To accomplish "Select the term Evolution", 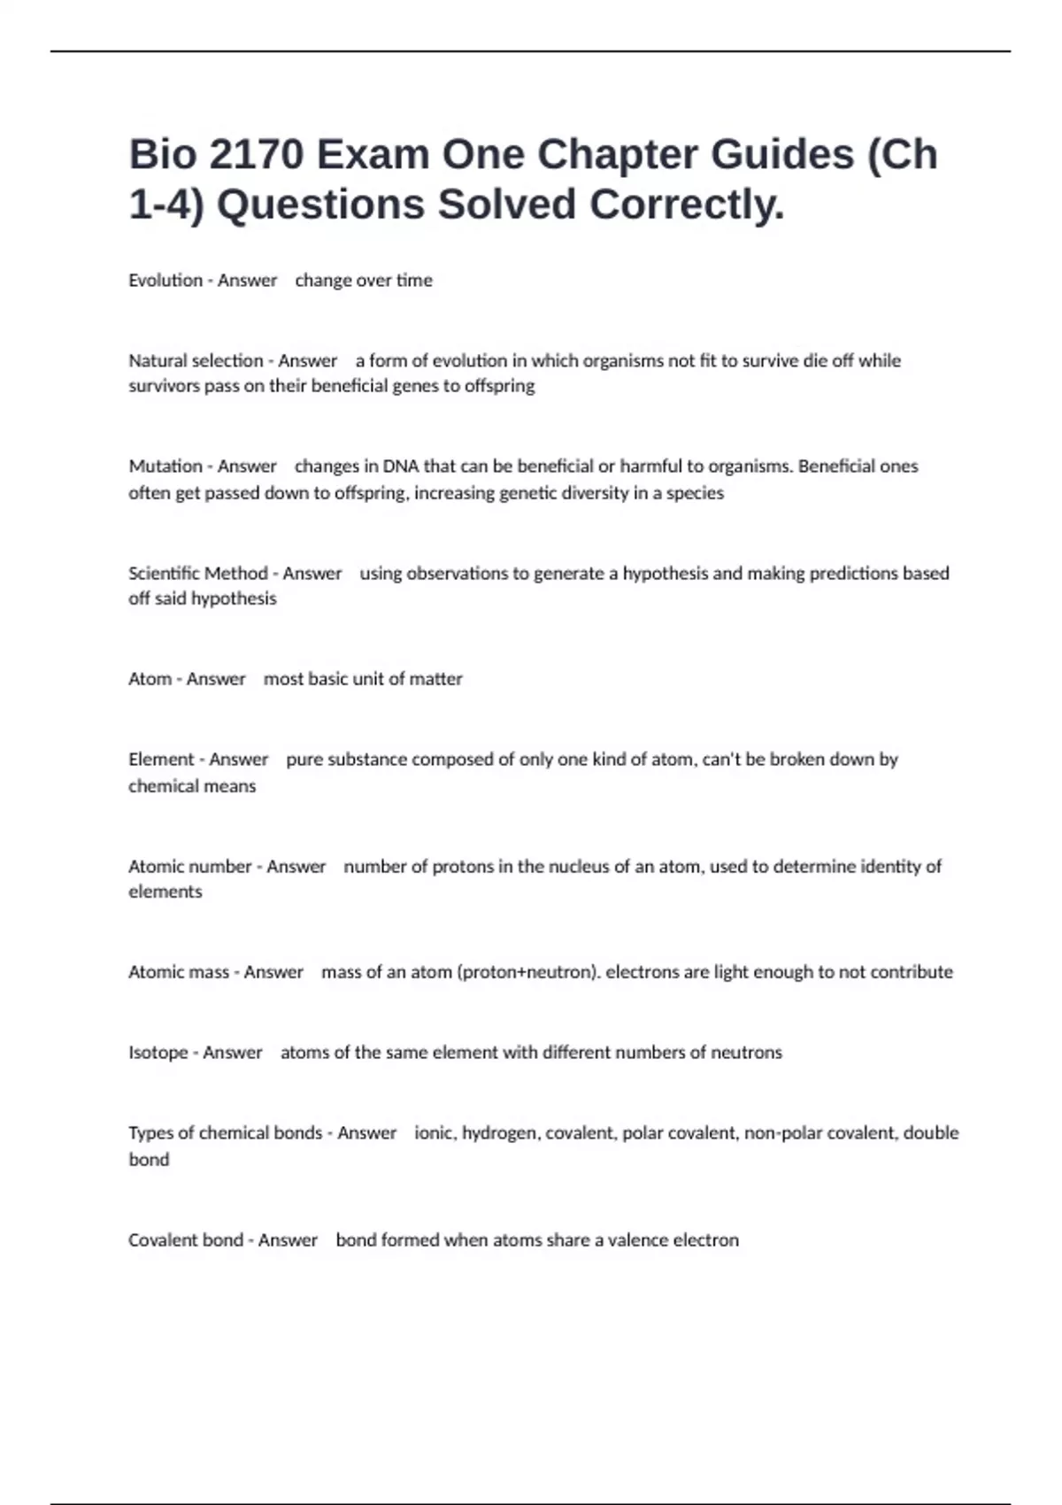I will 165,281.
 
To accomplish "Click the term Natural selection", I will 196,361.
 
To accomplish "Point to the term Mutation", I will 165,467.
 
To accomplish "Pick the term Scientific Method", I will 198,574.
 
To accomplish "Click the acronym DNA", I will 401,467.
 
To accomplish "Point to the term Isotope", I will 158,1053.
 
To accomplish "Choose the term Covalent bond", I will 186,1240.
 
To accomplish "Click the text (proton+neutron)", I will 528,972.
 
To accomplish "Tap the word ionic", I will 434,1133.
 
